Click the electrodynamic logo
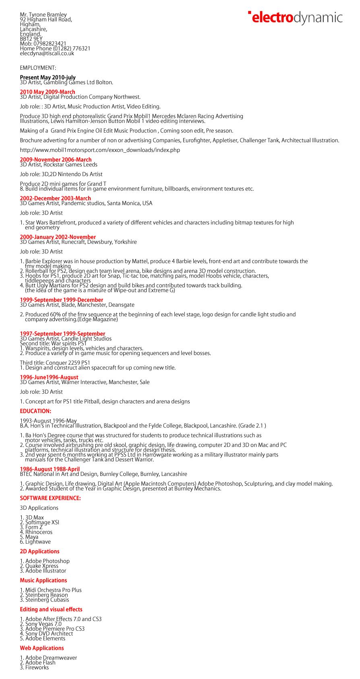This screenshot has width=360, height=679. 295,18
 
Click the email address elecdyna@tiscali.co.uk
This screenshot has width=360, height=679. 47,53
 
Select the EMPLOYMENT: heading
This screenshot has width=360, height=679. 38,68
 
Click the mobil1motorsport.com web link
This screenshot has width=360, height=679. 100,150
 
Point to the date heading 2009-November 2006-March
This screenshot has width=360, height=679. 56,160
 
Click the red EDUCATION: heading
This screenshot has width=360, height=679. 35,411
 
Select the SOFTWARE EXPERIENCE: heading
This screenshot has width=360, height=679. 50,498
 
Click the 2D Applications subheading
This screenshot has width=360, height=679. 39,551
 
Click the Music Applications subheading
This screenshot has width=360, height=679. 43,580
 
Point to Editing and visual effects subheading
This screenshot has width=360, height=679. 51,609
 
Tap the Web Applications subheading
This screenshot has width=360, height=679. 42,648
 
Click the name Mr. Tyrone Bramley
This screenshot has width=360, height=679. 43,15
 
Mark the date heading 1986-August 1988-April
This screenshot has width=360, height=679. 50,469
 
